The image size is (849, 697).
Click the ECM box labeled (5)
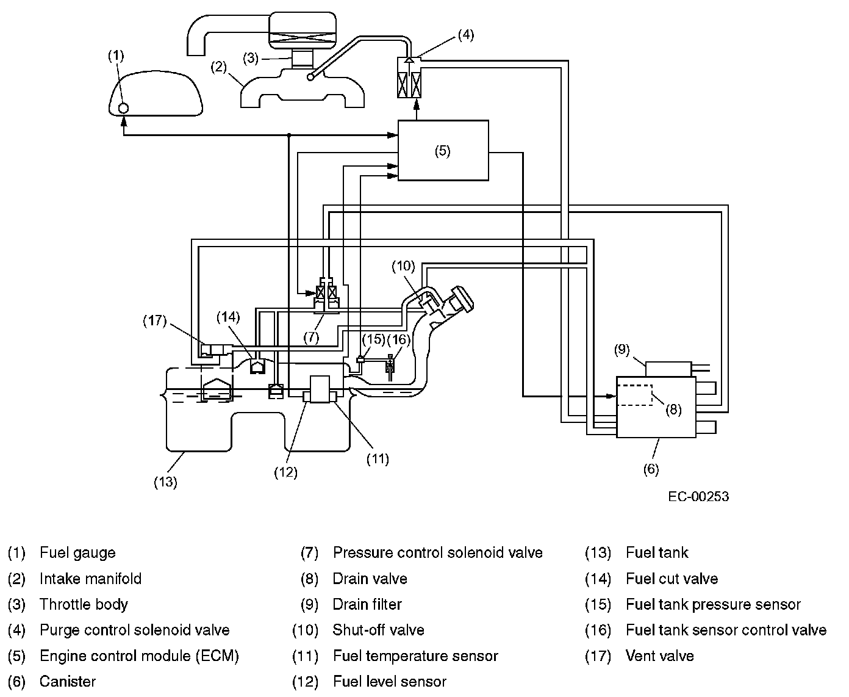443,151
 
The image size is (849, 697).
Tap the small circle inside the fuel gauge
123,107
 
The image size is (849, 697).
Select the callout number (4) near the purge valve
465,35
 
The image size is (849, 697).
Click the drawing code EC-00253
698,496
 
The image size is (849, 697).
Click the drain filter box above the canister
668,369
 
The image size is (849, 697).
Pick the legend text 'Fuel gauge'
77,553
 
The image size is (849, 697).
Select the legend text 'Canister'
68,681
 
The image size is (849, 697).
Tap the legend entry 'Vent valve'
660,656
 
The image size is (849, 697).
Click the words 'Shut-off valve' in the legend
378,630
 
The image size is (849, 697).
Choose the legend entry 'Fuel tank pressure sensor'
713,605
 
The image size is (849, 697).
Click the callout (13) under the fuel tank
165,482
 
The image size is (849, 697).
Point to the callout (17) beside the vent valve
155,320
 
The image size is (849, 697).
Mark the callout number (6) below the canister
651,469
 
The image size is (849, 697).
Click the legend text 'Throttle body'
84,605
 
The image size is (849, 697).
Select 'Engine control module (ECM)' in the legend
139,656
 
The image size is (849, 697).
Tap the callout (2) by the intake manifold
219,67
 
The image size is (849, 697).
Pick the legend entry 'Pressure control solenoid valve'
437,553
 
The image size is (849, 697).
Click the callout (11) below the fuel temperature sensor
378,458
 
